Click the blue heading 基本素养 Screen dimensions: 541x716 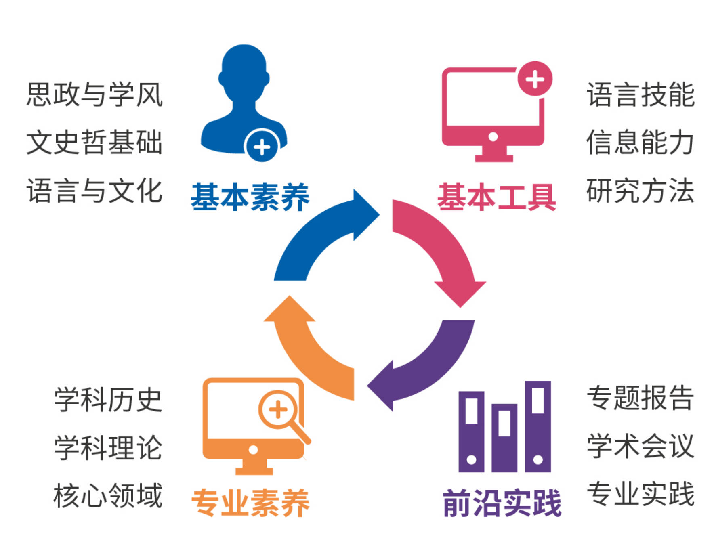[250, 197]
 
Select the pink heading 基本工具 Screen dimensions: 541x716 [496, 197]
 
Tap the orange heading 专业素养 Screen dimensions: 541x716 [250, 503]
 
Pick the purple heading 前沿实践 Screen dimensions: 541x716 [502, 503]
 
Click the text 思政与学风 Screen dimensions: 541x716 [94, 94]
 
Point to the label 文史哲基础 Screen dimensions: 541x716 [94, 142]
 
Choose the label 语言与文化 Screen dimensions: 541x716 [94, 191]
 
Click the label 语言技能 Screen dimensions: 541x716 [640, 94]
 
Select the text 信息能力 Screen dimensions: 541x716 [640, 142]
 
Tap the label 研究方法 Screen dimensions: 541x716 [640, 191]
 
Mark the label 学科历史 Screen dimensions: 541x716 [108, 400]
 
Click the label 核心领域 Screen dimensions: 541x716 [108, 496]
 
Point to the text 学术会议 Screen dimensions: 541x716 [640, 446]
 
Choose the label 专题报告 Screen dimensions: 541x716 [640, 398]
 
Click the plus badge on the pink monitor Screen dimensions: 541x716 [535, 79]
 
